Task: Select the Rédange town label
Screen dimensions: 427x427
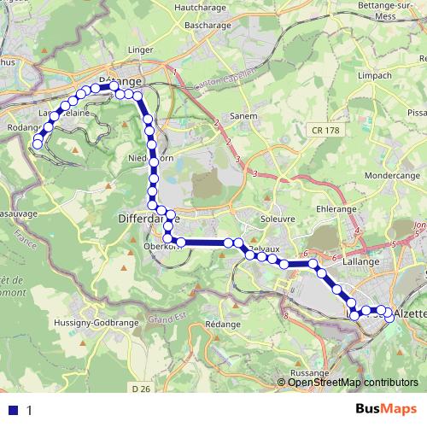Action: coord(224,326)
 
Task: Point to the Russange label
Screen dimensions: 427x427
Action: coord(309,373)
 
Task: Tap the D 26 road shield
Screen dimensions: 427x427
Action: coord(143,389)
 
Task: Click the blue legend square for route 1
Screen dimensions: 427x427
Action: coord(13,409)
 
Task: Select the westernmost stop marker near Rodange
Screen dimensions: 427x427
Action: coord(38,144)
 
